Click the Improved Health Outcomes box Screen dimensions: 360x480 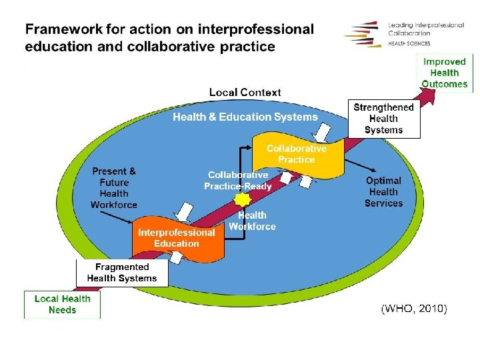click(445, 72)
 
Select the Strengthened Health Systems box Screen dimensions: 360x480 click(383, 119)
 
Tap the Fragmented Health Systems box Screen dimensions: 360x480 click(121, 273)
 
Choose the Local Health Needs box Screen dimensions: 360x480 click(62, 305)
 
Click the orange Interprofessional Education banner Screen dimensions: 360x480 click(176, 237)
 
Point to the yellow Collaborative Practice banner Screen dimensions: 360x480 click(297, 154)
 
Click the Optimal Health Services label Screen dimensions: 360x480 click(383, 192)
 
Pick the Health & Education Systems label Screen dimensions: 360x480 click(245, 117)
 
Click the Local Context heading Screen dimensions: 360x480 click(245, 93)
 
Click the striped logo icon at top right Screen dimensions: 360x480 click(363, 33)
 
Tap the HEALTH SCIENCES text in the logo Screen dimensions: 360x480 click(409, 43)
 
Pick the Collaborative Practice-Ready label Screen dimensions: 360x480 click(238, 181)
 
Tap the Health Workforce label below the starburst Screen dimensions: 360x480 click(252, 221)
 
